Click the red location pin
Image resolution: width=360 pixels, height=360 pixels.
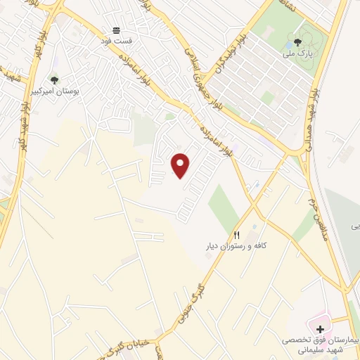(181, 165)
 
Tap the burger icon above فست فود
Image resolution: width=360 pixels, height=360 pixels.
(116, 30)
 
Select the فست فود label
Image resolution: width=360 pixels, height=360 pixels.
(116, 41)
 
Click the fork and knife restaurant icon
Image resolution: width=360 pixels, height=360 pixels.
(236, 235)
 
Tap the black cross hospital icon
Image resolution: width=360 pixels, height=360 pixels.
(321, 329)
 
